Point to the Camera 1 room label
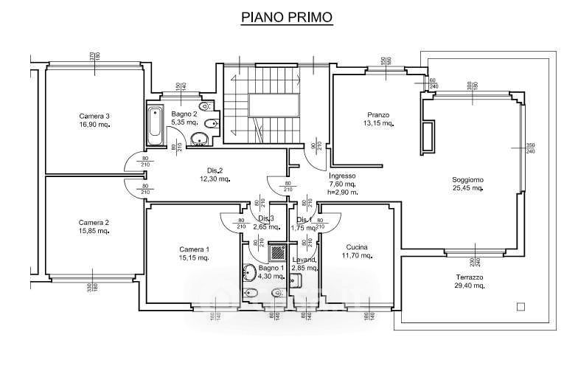195,249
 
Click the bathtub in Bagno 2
156,126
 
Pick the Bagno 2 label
184,114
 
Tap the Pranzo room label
378,114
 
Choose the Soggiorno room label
467,179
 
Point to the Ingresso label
342,176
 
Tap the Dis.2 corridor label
212,170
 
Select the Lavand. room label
304,260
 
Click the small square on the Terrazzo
521,306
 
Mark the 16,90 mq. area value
94,125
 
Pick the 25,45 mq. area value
467,188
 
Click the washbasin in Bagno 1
249,272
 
